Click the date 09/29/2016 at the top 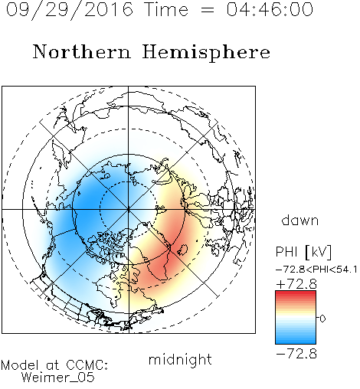69,10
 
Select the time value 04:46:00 270,9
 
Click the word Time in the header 166,9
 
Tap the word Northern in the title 82,51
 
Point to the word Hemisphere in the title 206,53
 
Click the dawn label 300,220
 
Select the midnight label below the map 180,359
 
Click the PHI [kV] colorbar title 303,252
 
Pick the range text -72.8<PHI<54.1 316,270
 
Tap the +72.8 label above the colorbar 296,284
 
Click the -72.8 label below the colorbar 296,354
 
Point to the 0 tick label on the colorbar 322,319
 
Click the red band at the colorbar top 296,294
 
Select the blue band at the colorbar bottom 296,340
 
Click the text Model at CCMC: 54,365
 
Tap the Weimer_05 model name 58,378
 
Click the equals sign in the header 208,10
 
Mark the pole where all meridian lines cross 129,210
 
